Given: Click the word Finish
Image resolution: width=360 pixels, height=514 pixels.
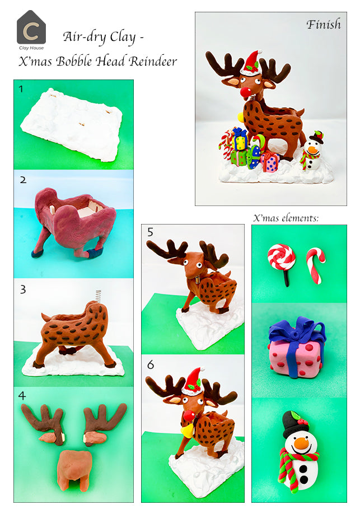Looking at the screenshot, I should click(x=323, y=25).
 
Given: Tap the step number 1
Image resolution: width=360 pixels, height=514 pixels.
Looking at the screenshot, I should click(x=21, y=89).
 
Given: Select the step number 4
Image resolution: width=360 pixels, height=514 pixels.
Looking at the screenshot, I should click(x=22, y=396).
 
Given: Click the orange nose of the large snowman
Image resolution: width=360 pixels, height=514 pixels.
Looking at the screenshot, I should click(x=301, y=445).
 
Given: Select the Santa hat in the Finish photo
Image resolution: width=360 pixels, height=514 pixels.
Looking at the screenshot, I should click(x=253, y=62).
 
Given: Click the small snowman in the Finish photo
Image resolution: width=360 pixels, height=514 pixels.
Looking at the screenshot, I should click(x=312, y=153).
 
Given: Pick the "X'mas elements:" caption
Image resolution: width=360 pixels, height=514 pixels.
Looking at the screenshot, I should click(x=286, y=218).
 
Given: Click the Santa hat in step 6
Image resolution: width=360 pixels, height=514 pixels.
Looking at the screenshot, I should click(x=193, y=381).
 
